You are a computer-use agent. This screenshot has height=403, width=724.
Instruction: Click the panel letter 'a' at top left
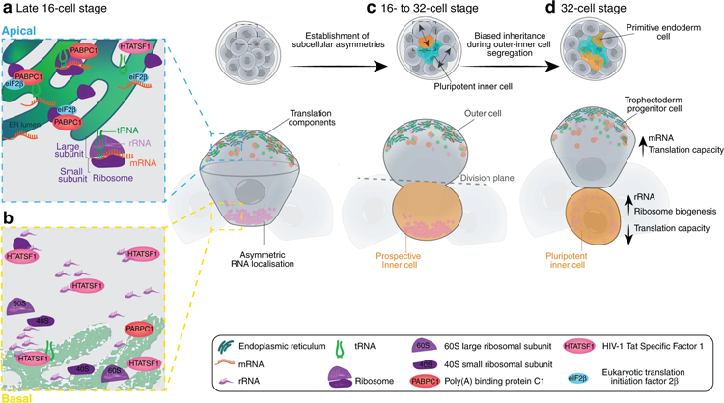click(7, 9)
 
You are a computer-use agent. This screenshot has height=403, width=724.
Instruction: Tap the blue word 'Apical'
click(20, 30)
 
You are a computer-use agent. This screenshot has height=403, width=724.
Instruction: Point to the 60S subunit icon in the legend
click(454, 345)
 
